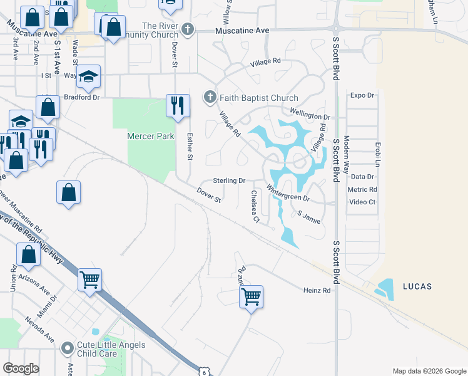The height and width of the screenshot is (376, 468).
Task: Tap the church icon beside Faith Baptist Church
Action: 210,97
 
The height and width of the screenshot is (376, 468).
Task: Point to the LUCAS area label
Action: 418,286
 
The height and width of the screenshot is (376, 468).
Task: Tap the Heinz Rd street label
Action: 317,290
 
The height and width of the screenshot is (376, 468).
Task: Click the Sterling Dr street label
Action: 228,180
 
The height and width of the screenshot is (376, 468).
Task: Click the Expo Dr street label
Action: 362,95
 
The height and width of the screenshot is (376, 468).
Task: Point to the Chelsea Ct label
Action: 255,206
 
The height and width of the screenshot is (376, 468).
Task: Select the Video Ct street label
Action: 362,202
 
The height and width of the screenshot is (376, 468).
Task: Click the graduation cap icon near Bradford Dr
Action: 89,76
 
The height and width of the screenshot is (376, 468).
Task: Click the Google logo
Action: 21,368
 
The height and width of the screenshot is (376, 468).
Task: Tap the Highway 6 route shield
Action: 204,372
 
